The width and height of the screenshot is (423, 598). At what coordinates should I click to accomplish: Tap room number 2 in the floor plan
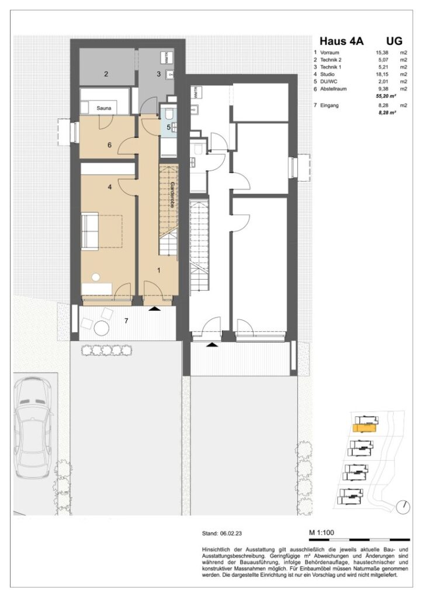106,74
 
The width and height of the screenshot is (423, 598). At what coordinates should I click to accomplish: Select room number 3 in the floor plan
158,74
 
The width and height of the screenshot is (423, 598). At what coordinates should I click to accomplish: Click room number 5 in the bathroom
168,127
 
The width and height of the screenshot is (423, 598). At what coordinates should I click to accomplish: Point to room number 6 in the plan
109,145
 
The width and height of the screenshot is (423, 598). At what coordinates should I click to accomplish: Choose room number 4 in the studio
109,187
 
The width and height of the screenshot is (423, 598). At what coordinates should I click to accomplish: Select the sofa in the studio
89,232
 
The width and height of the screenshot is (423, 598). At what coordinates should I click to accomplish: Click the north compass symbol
403,506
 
